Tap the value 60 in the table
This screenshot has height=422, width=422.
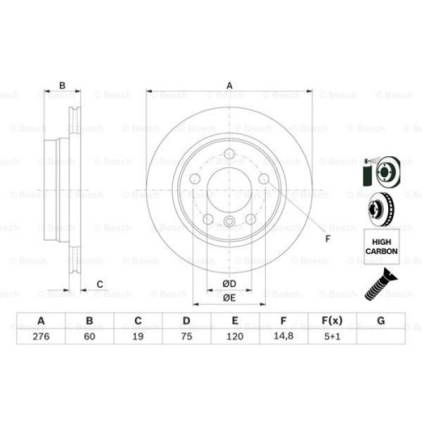pos(90,337)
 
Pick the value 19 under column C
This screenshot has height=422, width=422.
pos(139,337)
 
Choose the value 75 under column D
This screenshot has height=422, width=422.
pos(187,337)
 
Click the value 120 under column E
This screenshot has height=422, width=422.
pos(235,337)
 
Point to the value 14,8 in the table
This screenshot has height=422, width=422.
pos(284,337)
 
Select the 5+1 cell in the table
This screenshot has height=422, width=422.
pos(332,337)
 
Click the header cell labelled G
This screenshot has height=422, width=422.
pos(381,322)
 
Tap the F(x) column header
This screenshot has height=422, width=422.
pos(332,322)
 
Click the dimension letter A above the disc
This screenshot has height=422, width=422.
pos(229,84)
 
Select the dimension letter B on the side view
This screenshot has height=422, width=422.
pos(61,84)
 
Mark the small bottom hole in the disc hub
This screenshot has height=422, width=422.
pos(229,222)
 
